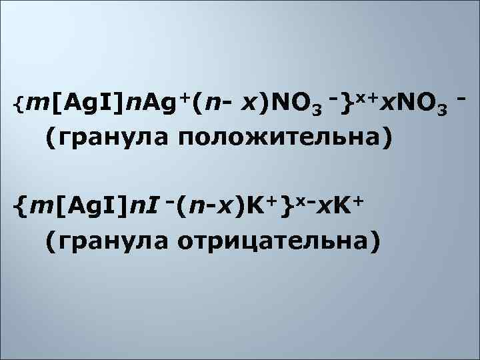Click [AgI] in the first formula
[79, 103]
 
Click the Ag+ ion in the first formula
[155, 103]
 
